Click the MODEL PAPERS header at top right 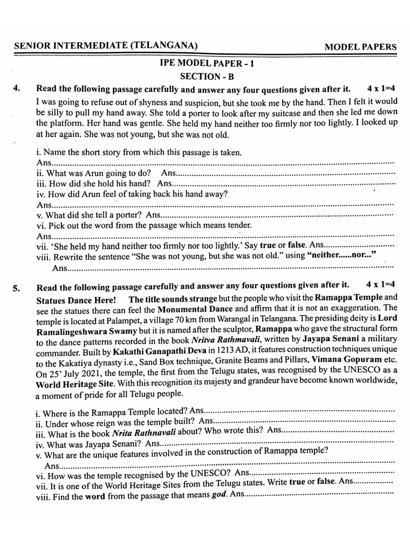click(x=360, y=46)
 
